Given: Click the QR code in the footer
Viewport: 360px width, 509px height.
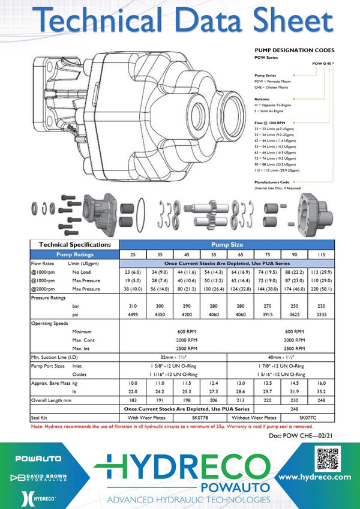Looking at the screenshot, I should coord(329,458).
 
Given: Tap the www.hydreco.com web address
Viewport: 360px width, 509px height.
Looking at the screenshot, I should coord(314,477).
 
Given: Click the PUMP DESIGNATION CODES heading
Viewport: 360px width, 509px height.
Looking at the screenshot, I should coord(295,50).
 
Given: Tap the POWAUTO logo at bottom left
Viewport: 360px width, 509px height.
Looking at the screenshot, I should coord(38,459).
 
